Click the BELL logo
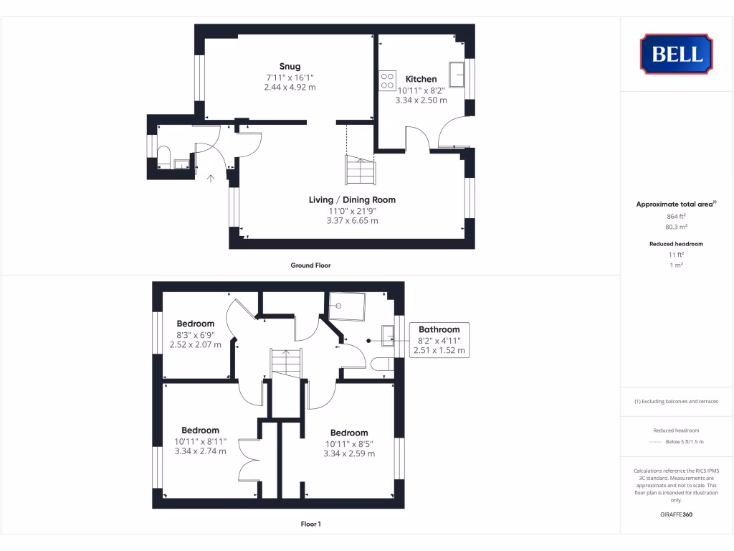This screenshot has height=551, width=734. (x=676, y=54)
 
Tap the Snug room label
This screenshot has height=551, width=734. (x=290, y=67)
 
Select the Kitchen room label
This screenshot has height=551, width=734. (x=421, y=79)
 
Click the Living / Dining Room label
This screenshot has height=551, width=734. (x=352, y=200)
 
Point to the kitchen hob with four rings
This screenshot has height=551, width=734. (x=388, y=80)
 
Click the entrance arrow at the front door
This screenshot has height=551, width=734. (x=211, y=178)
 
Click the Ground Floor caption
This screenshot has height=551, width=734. (x=310, y=265)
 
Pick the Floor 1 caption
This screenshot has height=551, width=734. (x=310, y=524)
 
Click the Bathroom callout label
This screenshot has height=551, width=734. (x=439, y=330)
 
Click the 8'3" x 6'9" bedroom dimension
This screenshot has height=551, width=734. (x=195, y=334)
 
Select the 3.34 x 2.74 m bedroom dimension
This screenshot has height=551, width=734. (x=200, y=451)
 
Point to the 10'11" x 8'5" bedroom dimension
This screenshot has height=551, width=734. (x=349, y=443)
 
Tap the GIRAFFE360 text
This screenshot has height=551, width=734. (x=676, y=514)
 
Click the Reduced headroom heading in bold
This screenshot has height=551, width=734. (x=676, y=244)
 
